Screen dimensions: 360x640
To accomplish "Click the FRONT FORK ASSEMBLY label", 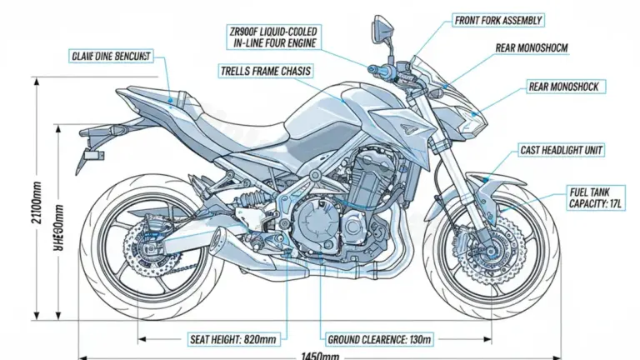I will (498, 20).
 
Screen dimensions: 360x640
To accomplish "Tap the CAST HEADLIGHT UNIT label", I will (562, 150).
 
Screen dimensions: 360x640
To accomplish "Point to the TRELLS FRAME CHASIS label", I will (267, 72).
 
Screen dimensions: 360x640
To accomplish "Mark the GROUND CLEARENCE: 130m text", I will (377, 339).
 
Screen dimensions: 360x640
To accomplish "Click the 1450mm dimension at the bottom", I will (320, 356).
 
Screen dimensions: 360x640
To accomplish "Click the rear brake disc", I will (142, 250).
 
